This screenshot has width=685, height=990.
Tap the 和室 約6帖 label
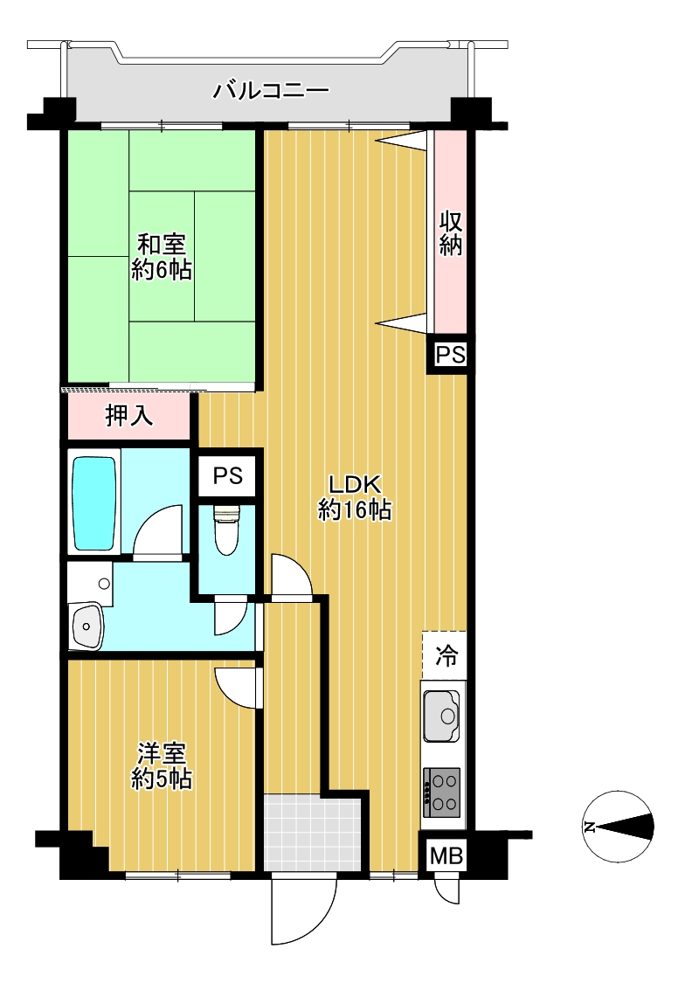pyautogui.click(x=162, y=256)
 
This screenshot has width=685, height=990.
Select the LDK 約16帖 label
pyautogui.click(x=354, y=497)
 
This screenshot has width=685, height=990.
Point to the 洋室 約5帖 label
pyautogui.click(x=162, y=765)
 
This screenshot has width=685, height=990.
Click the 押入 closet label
pyautogui.click(x=128, y=415)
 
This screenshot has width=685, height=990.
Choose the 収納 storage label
pyautogui.click(x=451, y=233)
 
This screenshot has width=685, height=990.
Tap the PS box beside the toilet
pyautogui.click(x=227, y=475)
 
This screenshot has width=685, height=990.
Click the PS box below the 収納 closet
pyautogui.click(x=450, y=355)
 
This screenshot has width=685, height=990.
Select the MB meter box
pyautogui.click(x=446, y=855)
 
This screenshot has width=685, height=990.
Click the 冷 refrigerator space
pyautogui.click(x=446, y=656)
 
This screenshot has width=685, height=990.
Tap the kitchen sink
pyautogui.click(x=442, y=716)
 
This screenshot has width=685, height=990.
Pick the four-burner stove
pyautogui.click(x=442, y=793)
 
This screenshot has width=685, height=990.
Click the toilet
pyautogui.click(x=226, y=530)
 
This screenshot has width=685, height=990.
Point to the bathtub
pyautogui.click(x=94, y=503)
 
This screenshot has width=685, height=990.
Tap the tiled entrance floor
pyautogui.click(x=313, y=833)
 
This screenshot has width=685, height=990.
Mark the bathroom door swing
pyautogui.click(x=158, y=531)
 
